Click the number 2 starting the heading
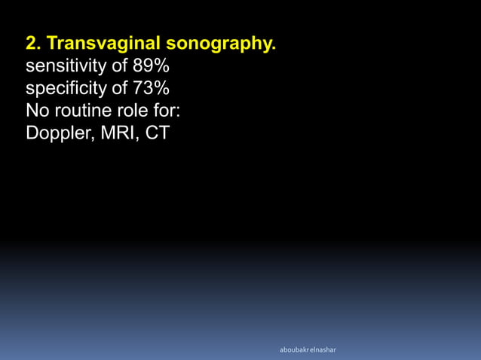pyautogui.click(x=32, y=44)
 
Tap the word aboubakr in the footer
pyautogui.click(x=293, y=350)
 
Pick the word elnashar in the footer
pyautogui.click(x=323, y=350)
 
